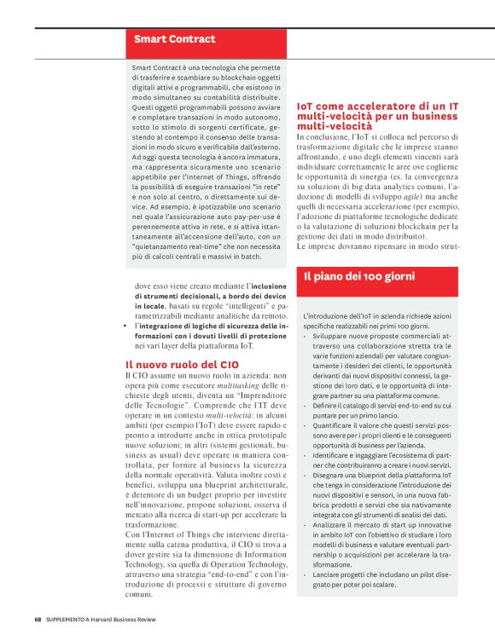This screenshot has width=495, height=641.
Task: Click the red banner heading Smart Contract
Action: (x=174, y=38)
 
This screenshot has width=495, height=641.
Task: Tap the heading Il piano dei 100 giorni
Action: (x=360, y=275)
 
